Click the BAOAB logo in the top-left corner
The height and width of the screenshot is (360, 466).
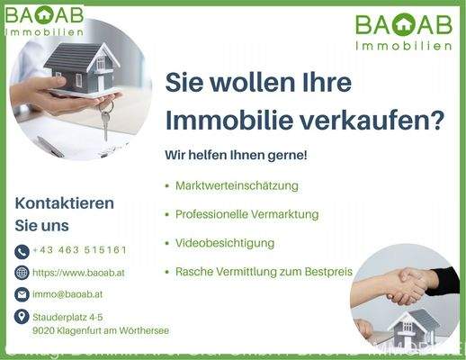pyautogui.click(x=45, y=20)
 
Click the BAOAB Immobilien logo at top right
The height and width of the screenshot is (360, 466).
pyautogui.click(x=402, y=31)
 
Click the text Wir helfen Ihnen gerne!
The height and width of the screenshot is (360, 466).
pyautogui.click(x=236, y=156)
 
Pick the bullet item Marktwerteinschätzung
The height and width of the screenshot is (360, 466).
pyautogui.click(x=237, y=186)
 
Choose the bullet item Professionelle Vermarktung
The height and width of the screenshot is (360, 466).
pyautogui.click(x=247, y=215)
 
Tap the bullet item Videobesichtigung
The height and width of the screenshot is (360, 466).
pyautogui.click(x=225, y=243)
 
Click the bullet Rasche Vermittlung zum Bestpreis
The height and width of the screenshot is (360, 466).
pyautogui.click(x=264, y=271)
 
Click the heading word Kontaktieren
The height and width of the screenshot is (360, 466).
pyautogui.click(x=65, y=203)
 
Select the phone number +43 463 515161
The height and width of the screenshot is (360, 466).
pyautogui.click(x=79, y=250)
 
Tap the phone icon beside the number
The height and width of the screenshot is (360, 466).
pyautogui.click(x=22, y=251)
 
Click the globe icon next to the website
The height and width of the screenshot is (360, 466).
pyautogui.click(x=22, y=273)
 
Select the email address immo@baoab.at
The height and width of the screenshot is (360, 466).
pyautogui.click(x=67, y=294)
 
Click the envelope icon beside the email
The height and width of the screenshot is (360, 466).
pyautogui.click(x=22, y=294)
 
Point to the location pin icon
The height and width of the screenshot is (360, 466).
pyautogui.click(x=22, y=317)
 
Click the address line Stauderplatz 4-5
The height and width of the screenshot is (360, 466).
pyautogui.click(x=67, y=318)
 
